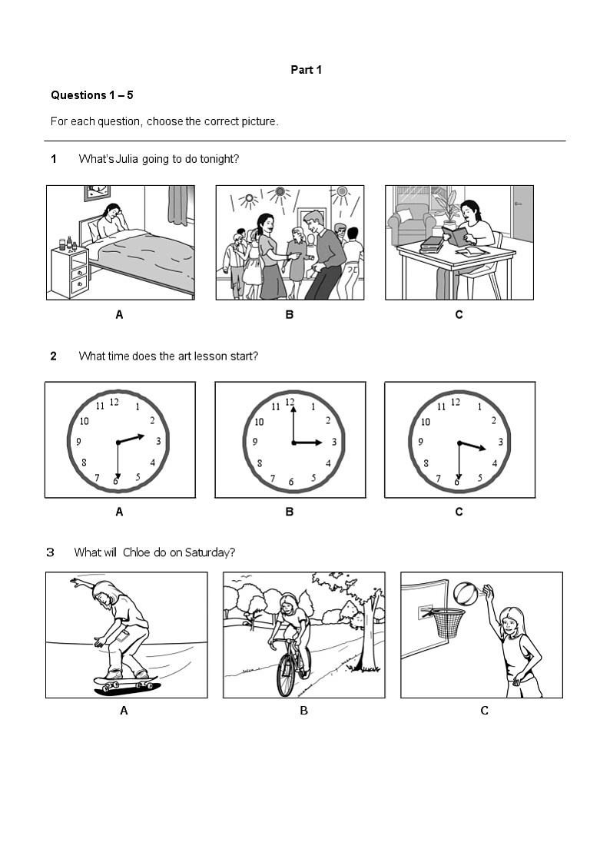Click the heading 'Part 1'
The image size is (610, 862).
pyautogui.click(x=306, y=70)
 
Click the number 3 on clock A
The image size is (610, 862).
pyautogui.click(x=158, y=441)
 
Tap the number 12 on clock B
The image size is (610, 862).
pyautogui.click(x=290, y=402)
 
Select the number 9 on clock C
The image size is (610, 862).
pyautogui.click(x=420, y=442)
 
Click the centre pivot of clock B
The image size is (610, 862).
pyautogui.click(x=293, y=443)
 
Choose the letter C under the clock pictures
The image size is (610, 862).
pyautogui.click(x=459, y=512)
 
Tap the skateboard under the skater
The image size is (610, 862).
pyautogui.click(x=125, y=681)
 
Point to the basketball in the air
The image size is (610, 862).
pyautogui.click(x=465, y=594)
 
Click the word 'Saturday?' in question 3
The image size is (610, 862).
pyautogui.click(x=211, y=552)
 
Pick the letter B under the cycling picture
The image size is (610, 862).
pyautogui.click(x=303, y=711)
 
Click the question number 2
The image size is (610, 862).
pyautogui.click(x=54, y=356)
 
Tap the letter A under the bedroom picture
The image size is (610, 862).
pyautogui.click(x=119, y=314)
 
